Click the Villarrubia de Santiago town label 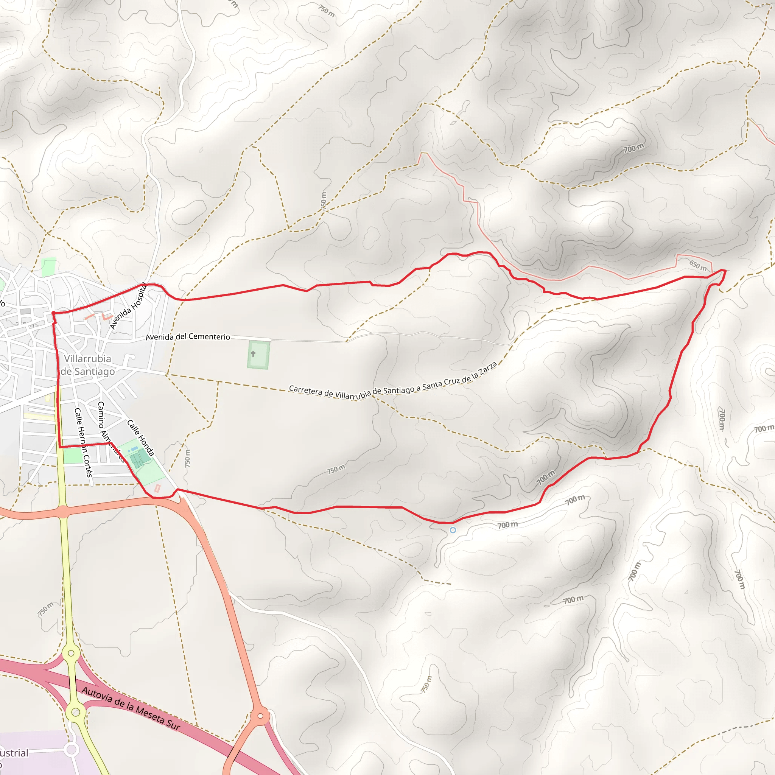point(87,365)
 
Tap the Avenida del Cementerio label point(188,336)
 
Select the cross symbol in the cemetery point(253,353)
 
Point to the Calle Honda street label point(140,438)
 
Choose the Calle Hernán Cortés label point(83,442)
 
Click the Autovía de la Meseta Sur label point(131,708)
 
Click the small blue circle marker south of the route point(453,530)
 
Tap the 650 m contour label point(698,265)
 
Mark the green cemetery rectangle point(259,355)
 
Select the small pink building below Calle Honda point(157,488)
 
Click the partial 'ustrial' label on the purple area point(14,753)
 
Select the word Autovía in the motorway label point(96,695)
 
